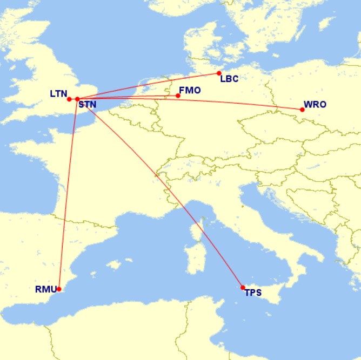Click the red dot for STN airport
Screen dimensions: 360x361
(x=78, y=99)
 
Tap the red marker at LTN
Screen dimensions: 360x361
(x=69, y=99)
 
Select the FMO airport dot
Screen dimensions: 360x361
(x=178, y=96)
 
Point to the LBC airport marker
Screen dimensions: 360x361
(x=219, y=73)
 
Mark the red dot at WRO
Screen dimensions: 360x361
(x=302, y=110)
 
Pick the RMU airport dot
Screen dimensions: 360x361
(x=59, y=289)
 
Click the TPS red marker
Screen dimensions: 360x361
(x=243, y=287)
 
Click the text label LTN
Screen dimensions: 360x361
(x=58, y=93)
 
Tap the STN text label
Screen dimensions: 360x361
(x=88, y=104)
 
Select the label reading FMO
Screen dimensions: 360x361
(x=190, y=90)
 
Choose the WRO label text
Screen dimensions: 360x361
(x=315, y=104)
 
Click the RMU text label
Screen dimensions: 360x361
(x=45, y=289)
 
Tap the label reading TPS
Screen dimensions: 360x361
(x=253, y=293)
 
